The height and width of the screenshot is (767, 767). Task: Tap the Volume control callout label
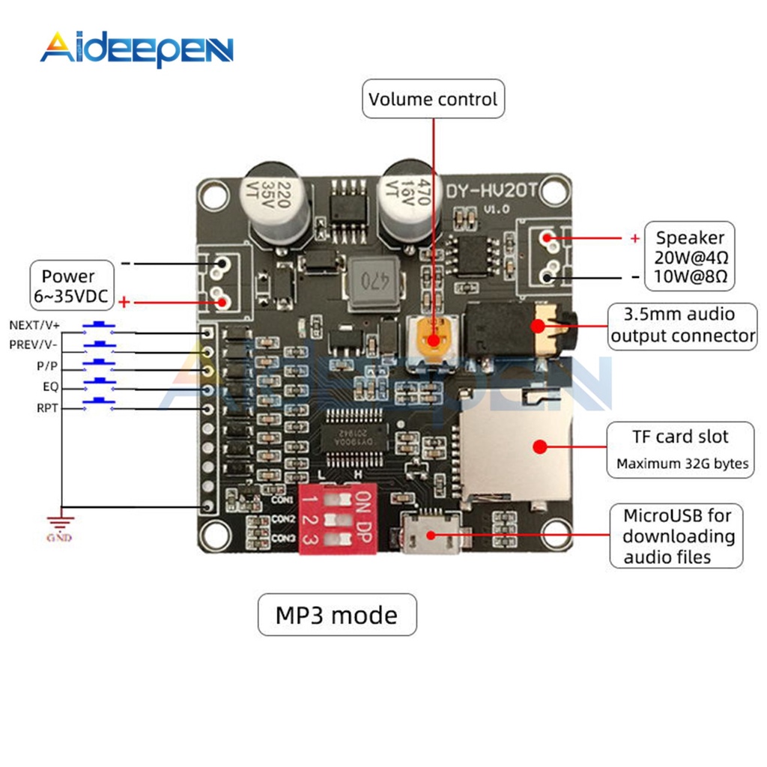(433, 100)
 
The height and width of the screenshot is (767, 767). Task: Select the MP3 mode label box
(336, 615)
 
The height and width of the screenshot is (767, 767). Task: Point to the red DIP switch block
(337, 518)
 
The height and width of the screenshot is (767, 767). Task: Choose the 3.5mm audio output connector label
(682, 325)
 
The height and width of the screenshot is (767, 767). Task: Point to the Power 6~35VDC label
(73, 285)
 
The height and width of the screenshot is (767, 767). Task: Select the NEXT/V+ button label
(34, 325)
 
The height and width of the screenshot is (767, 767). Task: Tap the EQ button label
(49, 387)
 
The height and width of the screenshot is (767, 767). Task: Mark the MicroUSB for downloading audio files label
(679, 536)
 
